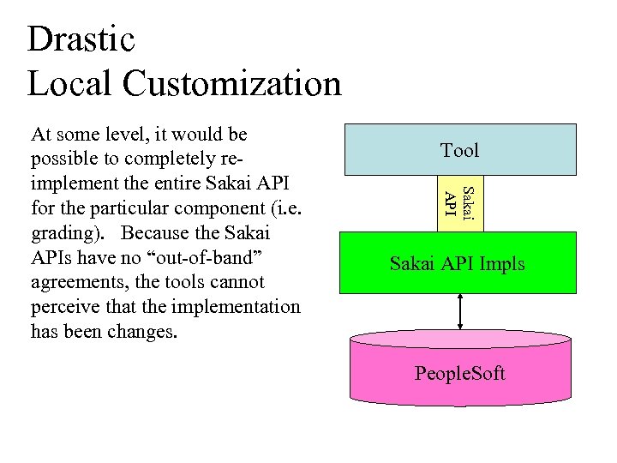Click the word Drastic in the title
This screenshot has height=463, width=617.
(81, 39)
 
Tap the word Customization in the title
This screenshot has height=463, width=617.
(231, 84)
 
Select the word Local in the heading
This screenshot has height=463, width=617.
(69, 84)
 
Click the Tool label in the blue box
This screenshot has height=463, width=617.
(459, 151)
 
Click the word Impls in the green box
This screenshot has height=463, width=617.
(500, 263)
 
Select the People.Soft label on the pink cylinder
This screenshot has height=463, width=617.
(459, 374)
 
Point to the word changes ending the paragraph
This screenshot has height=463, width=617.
(142, 332)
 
